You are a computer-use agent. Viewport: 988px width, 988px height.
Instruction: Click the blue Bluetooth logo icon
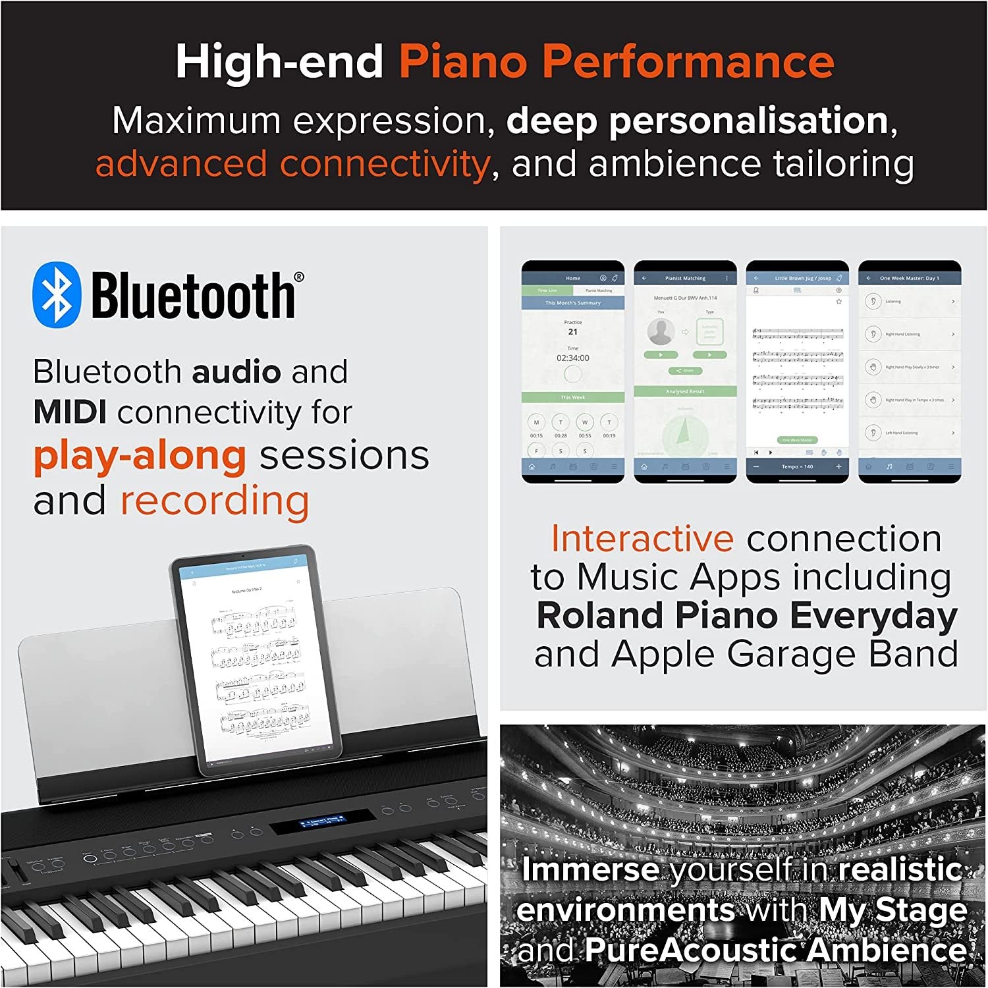pyautogui.click(x=57, y=294)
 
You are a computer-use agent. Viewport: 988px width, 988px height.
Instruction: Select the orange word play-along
pyautogui.click(x=140, y=456)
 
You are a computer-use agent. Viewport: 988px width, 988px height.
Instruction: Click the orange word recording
pyautogui.click(x=214, y=501)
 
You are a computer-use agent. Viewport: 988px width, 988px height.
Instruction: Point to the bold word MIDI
pyautogui.click(x=70, y=413)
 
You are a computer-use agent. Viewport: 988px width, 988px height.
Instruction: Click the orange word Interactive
pyautogui.click(x=642, y=538)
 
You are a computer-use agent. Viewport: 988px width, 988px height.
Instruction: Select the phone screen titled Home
pyautogui.click(x=572, y=371)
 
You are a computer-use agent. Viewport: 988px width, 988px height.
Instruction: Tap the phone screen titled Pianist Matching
pyautogui.click(x=685, y=371)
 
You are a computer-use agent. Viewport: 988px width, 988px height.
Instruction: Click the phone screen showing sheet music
pyautogui.click(x=797, y=371)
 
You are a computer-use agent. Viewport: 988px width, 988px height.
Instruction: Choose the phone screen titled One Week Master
pyautogui.click(x=910, y=371)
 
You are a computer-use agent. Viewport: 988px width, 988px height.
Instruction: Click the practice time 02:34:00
pyautogui.click(x=573, y=358)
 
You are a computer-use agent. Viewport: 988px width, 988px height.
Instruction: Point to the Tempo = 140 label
pyautogui.click(x=797, y=466)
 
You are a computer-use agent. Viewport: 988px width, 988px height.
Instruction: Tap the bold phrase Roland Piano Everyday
pyautogui.click(x=746, y=616)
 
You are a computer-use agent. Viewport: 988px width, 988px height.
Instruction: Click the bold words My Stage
pyautogui.click(x=892, y=910)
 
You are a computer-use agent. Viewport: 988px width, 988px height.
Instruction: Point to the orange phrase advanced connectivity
pyautogui.click(x=292, y=163)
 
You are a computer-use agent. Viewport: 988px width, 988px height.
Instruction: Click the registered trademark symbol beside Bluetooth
pyautogui.click(x=299, y=277)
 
